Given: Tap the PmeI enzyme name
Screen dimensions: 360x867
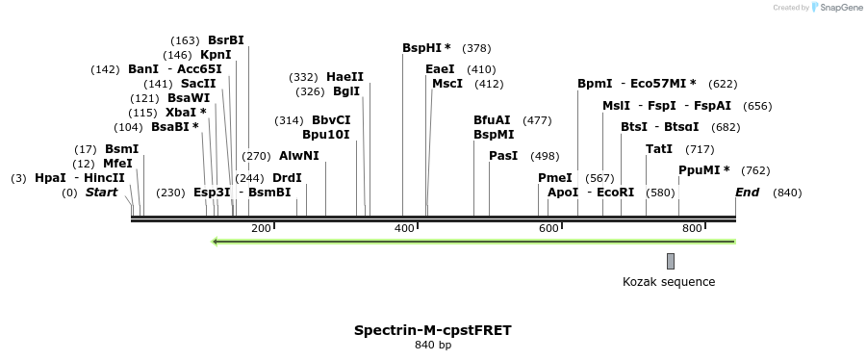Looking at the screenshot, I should coord(554,178).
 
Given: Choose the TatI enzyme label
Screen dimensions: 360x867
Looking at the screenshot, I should coord(659,149).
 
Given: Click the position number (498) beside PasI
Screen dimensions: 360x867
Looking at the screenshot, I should coord(545,156).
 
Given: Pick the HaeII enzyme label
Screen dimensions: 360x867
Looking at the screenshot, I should coord(344,77).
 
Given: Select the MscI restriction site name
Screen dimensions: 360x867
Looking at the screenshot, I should coord(447,84).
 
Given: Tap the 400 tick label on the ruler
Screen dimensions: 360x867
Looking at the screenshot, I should coord(405,228).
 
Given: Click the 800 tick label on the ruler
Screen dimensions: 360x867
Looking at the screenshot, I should coord(692,228).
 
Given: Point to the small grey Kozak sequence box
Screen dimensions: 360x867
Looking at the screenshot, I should coord(671,261).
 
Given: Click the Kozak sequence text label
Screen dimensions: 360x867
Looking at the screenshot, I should coord(669,282).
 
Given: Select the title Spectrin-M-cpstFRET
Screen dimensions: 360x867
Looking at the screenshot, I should coord(433,330).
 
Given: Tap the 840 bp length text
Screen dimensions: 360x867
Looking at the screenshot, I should coord(433,345).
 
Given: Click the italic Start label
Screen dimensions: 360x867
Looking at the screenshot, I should coord(101,193).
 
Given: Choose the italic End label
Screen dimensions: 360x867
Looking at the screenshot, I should coord(747,193).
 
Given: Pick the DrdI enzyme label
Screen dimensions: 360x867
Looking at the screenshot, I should coord(287,178).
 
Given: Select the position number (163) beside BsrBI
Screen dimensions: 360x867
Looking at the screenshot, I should coord(185,40).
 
